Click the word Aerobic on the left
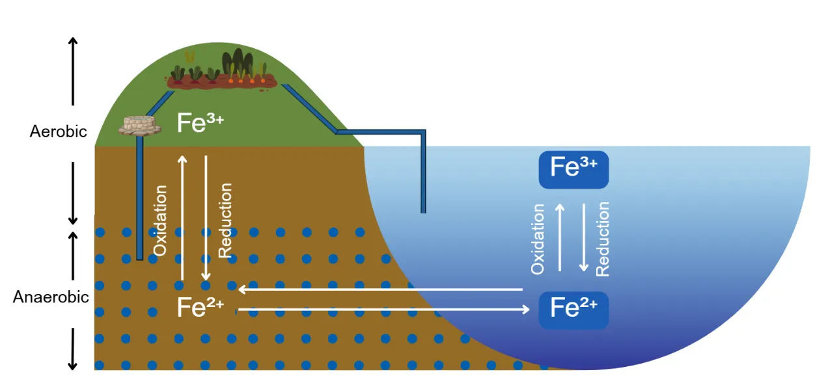pos(58,131)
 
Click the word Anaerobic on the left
pos(51,297)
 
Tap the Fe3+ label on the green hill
pos(200,122)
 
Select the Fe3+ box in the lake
pos(573,169)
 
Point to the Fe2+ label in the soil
pos(200,308)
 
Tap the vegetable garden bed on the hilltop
pos(222,75)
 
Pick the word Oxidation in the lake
pos(538,239)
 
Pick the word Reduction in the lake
pos(603,239)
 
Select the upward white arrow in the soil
pos(182,218)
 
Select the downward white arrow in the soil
pos(206,218)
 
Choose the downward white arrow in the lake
pos(583,237)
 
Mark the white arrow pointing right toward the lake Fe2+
pos(384,310)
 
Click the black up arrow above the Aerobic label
pos(74,72)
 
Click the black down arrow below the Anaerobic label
pos(74,349)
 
